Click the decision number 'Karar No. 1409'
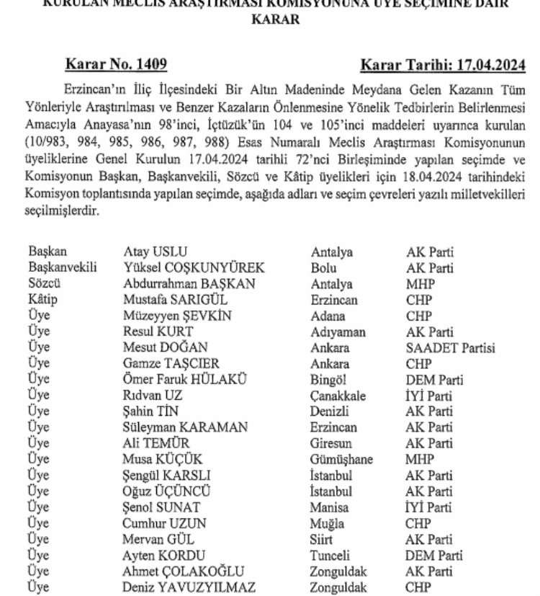point(116,65)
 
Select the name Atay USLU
point(155,252)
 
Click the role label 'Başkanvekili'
point(62,268)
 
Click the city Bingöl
point(332,380)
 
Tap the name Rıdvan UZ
point(153,396)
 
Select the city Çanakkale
point(338,396)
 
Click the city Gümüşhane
point(341,460)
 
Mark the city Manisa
point(330,508)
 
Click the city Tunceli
point(330,556)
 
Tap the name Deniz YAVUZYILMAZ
point(189,587)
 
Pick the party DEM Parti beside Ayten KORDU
point(434,556)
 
